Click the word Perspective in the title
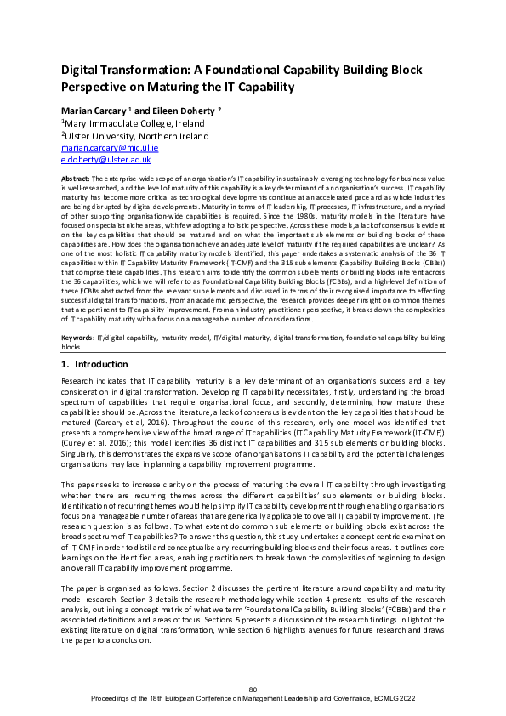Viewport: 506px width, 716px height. pyautogui.click(x=101, y=86)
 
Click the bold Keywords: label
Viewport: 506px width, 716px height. pyautogui.click(x=79, y=338)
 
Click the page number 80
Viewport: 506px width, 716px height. pyautogui.click(x=253, y=689)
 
